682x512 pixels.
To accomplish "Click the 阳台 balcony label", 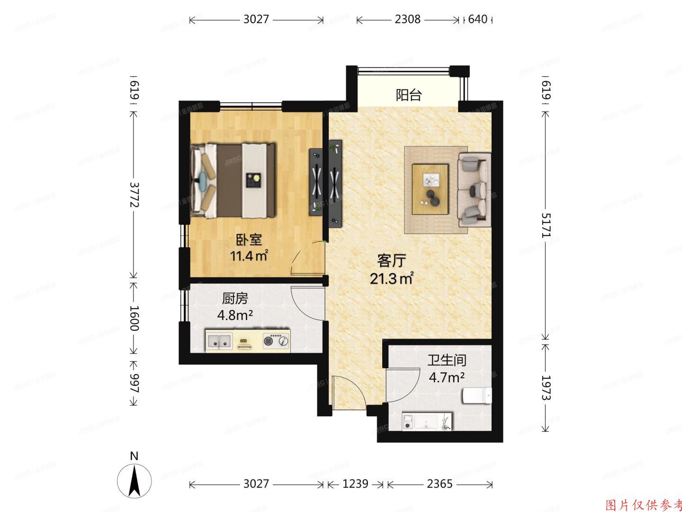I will [x=408, y=95].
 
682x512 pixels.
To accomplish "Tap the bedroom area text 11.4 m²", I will [x=249, y=256].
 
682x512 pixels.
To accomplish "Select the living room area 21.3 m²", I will [x=392, y=278].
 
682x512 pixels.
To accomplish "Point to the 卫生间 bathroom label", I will [x=447, y=360].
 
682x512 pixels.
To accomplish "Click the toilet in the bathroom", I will [x=476, y=395].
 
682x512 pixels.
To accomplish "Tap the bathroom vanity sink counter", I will [x=427, y=421].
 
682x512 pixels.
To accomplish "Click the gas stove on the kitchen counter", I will [x=276, y=340].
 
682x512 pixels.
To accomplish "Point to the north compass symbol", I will [x=135, y=479].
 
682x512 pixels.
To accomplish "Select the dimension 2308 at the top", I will [x=407, y=19].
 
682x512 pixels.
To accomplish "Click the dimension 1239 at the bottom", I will [x=355, y=484].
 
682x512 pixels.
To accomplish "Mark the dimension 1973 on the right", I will [x=546, y=388].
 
